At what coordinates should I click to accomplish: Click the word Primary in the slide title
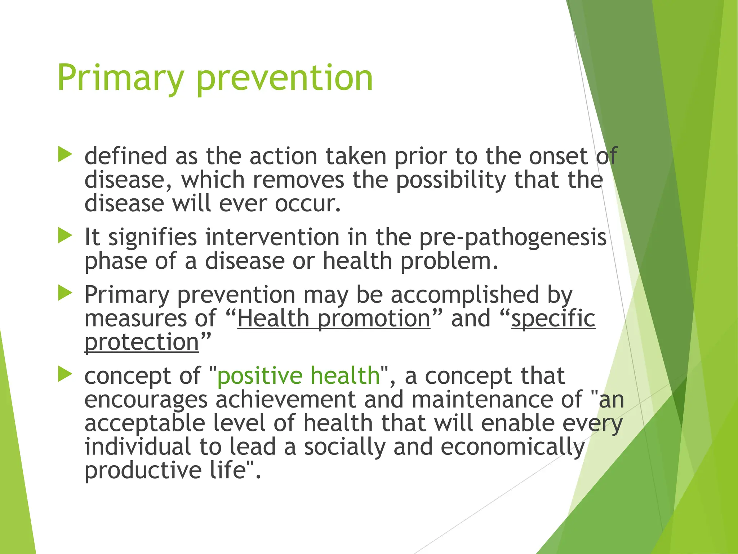120,78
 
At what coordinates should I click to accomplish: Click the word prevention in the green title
285,78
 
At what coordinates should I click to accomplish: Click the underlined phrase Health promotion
334,318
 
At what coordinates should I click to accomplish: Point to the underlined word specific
553,318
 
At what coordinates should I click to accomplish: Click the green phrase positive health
298,375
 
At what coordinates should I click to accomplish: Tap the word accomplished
464,295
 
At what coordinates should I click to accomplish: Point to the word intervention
272,237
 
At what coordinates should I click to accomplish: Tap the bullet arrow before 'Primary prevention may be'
65,293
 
